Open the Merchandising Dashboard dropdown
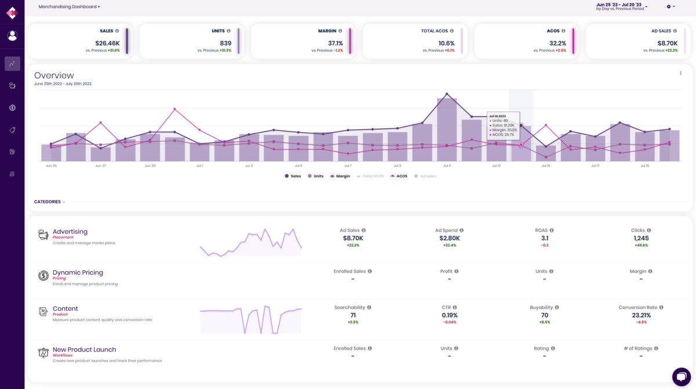coord(69,6)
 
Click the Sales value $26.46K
coord(107,43)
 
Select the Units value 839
coord(225,43)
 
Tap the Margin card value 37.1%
coord(335,43)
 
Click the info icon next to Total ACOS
coord(452,31)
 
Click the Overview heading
coord(54,75)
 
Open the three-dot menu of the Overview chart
coord(680,73)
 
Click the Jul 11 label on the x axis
coord(447,166)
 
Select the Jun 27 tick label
coord(100,166)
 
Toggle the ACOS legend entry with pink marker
coord(400,176)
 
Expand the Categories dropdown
coord(49,202)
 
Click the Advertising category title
coord(70,231)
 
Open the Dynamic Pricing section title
coord(78,272)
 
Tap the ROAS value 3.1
coord(545,238)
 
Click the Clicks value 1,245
coord(641,238)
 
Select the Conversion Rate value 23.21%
coord(641,315)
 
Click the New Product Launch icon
coord(43,352)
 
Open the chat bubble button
coord(681,376)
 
